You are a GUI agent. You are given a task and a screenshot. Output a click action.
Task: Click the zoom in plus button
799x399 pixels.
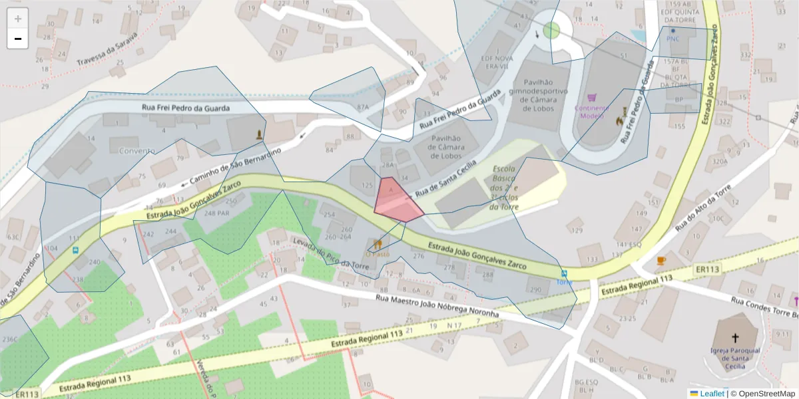[18, 19]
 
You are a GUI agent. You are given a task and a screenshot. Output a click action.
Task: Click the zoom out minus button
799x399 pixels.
[18, 39]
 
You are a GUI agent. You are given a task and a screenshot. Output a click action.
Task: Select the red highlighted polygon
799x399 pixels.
[398, 200]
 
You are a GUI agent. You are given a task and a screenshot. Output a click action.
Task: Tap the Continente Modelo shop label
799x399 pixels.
[592, 112]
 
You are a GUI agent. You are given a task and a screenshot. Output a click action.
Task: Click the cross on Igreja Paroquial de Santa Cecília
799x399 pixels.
[735, 338]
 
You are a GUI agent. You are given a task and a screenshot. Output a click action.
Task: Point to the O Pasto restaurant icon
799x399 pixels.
[378, 244]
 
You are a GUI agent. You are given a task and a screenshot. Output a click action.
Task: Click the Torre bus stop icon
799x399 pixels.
[564, 273]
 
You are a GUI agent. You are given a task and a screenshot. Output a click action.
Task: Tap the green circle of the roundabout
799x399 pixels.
[551, 30]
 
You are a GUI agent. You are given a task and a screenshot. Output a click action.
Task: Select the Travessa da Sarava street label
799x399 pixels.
[107, 49]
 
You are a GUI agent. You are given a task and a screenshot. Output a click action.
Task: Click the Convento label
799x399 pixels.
[136, 151]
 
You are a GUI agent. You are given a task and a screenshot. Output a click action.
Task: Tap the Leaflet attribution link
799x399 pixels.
[712, 394]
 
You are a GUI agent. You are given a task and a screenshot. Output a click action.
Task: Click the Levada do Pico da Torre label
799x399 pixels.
[321, 253]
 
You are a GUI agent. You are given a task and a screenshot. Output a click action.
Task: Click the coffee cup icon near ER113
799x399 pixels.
[661, 260]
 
